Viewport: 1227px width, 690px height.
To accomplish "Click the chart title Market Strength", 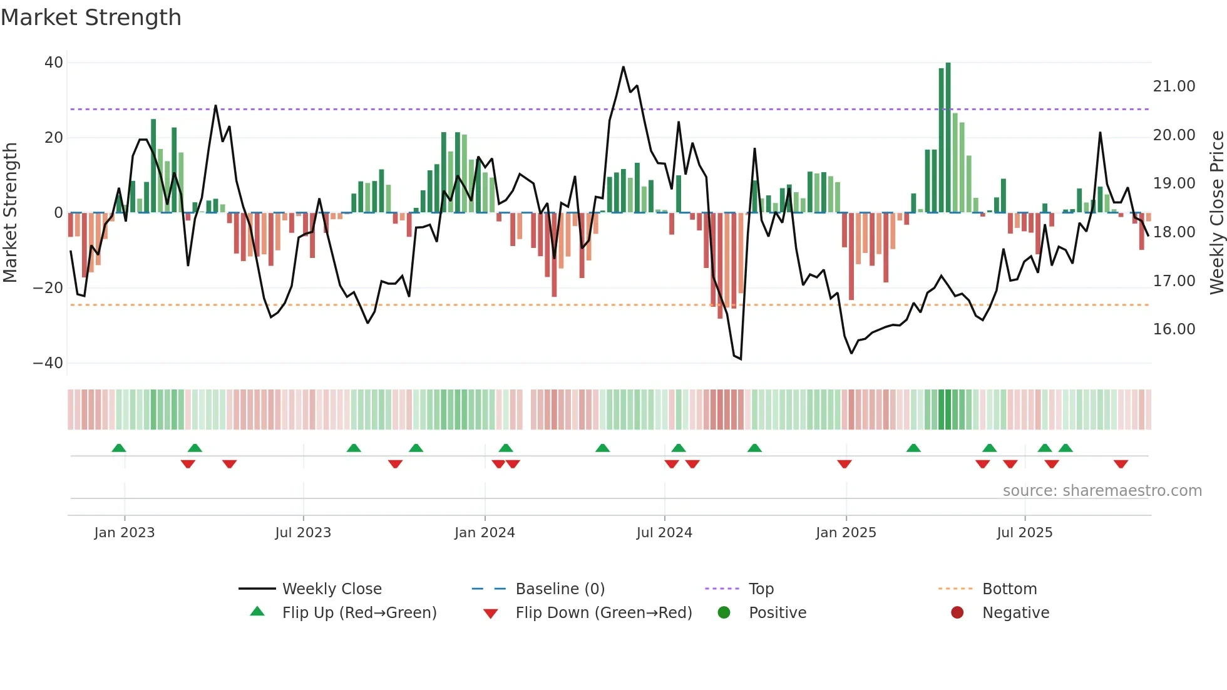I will click(x=91, y=18).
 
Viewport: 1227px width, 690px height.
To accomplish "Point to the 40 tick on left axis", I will click(x=54, y=63).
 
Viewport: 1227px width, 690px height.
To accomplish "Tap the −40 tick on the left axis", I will click(x=48, y=363).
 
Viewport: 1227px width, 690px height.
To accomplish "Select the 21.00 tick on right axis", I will click(x=1174, y=86).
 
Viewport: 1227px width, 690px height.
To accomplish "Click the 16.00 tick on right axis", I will click(x=1174, y=329).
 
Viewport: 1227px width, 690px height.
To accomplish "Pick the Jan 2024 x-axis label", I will click(x=485, y=533).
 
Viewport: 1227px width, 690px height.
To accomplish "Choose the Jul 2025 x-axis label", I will click(x=1024, y=533).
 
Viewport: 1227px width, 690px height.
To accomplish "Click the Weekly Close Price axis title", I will click(x=1216, y=213).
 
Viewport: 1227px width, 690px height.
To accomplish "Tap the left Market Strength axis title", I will click(x=11, y=213).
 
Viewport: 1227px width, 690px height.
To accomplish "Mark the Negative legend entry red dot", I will click(x=957, y=612).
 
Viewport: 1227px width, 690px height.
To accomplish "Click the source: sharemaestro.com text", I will click(x=1102, y=491).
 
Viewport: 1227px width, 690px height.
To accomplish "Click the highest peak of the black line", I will click(x=624, y=67).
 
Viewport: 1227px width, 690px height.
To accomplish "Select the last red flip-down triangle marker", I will click(x=1121, y=464).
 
